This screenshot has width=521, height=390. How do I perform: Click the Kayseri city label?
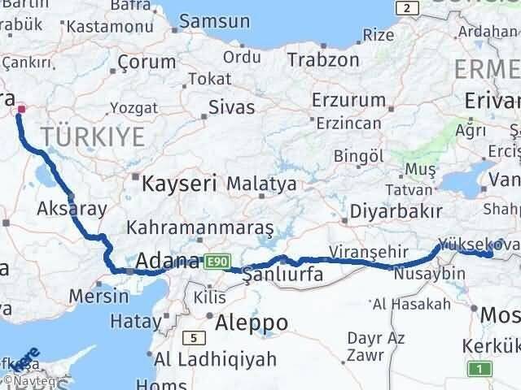click(179, 183)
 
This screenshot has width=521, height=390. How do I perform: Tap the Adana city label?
click(167, 262)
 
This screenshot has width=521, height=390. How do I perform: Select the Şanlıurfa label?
click(283, 275)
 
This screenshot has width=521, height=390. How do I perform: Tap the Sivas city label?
click(232, 106)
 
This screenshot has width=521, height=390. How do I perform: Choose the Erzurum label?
click(349, 100)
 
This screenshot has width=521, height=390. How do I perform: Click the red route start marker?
click(21, 109)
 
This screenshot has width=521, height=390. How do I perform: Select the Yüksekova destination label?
click(475, 243)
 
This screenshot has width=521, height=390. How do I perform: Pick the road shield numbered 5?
click(194, 337)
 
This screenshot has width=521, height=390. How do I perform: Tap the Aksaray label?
click(71, 209)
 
